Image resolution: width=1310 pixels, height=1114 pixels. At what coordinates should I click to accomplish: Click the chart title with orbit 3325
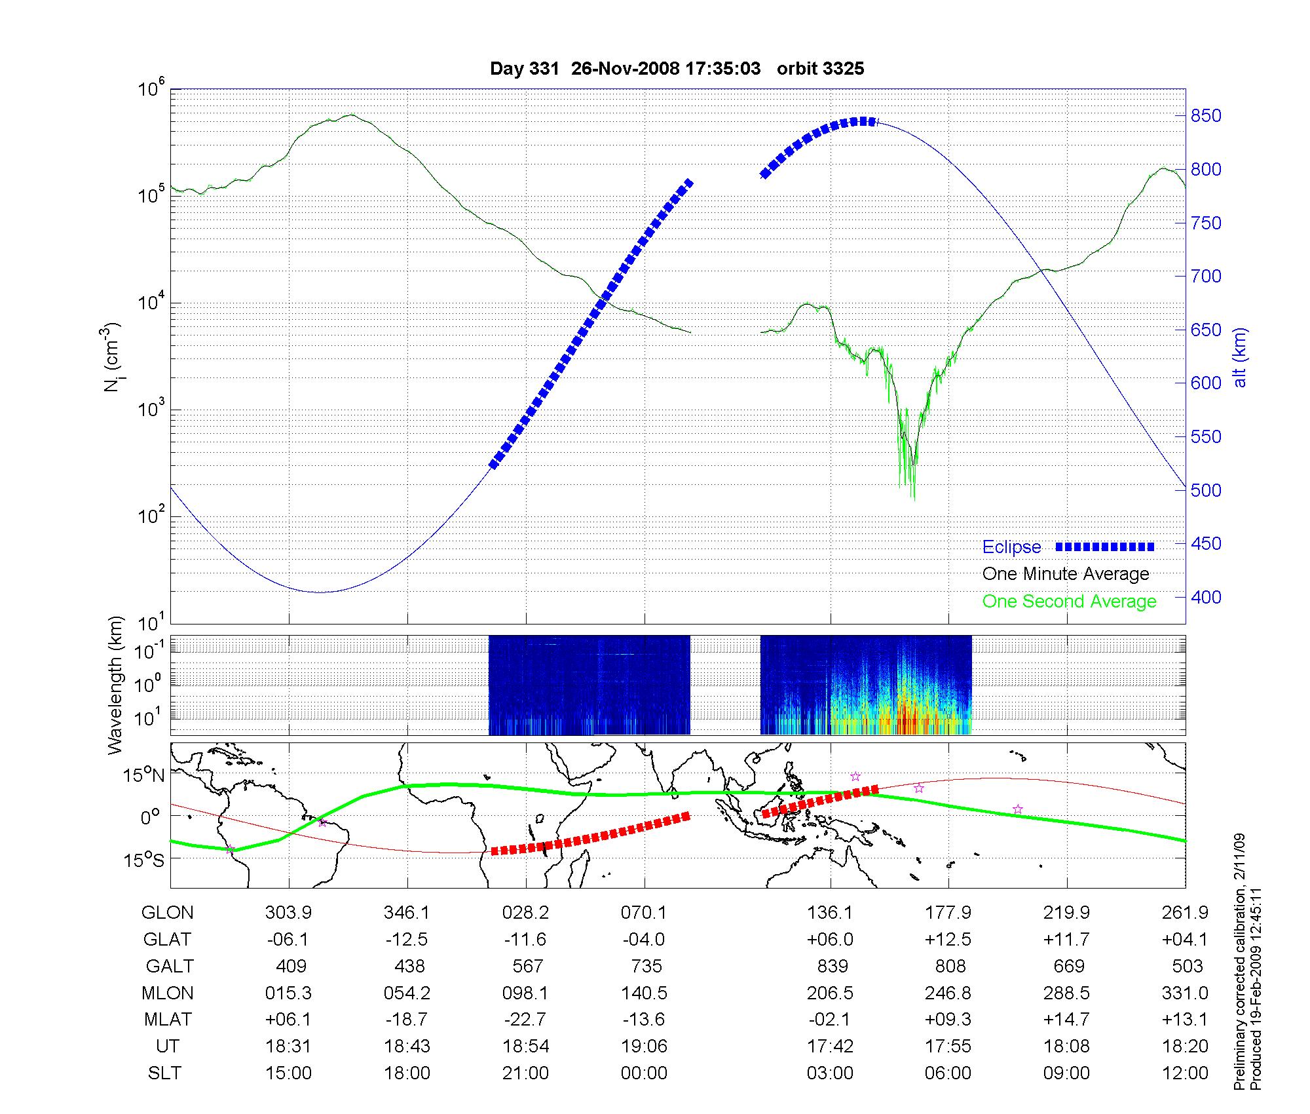pos(677,69)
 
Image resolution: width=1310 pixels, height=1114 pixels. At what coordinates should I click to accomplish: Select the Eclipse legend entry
pos(1011,547)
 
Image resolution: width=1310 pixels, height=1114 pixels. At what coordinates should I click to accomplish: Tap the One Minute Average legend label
pos(1066,574)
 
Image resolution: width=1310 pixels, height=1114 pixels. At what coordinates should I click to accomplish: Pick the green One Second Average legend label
pos(1069,602)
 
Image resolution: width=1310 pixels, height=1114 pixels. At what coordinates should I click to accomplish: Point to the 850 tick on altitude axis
pos(1206,116)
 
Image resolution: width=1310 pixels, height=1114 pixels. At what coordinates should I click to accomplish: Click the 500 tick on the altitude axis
pos(1206,490)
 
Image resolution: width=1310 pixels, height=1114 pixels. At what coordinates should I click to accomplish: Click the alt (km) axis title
pos(1240,357)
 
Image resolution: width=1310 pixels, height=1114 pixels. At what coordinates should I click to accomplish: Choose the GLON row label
pos(168,913)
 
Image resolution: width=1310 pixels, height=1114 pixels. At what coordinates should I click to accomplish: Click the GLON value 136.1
pos(830,913)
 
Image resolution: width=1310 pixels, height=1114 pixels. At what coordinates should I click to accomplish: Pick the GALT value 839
pos(833,967)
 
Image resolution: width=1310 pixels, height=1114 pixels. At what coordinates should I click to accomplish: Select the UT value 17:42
pos(830,1047)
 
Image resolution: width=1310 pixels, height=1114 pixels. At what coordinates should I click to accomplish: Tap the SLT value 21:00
pos(526,1073)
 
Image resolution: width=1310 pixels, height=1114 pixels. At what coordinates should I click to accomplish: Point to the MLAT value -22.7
pos(525,1020)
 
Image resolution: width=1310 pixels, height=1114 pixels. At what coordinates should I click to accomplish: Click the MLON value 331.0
pos(1185,993)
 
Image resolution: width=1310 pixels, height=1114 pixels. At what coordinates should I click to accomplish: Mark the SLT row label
pos(164,1073)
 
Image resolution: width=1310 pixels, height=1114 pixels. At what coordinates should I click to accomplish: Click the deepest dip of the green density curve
pos(914,499)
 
